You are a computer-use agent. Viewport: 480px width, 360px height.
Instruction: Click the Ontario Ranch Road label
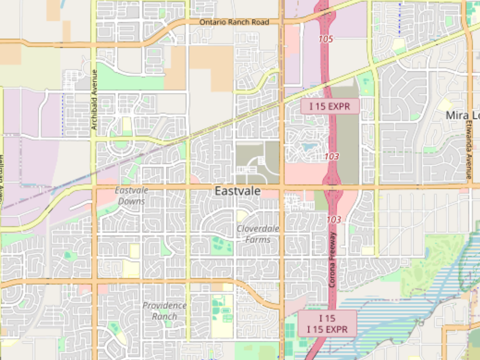(x=234, y=22)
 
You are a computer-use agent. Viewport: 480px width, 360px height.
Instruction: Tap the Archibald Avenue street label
(x=94, y=100)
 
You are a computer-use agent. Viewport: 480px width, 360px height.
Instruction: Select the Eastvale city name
(x=238, y=191)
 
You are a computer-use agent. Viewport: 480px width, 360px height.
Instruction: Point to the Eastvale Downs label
(x=131, y=196)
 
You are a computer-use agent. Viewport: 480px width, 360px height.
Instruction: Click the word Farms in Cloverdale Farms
(x=258, y=240)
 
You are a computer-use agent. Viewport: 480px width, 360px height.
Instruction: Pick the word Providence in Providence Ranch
(x=164, y=306)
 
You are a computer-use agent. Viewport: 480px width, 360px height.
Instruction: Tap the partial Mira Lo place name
(x=462, y=116)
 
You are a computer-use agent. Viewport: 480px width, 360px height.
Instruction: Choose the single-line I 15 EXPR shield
(x=330, y=106)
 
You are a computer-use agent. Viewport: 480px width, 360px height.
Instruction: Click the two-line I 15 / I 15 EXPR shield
(x=327, y=324)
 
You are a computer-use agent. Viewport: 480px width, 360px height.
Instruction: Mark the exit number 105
(x=326, y=39)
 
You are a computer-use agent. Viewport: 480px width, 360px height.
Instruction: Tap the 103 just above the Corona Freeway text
(x=334, y=220)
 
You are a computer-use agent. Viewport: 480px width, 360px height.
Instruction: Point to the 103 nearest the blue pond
(x=332, y=156)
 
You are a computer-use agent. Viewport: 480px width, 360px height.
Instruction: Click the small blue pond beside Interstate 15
(x=309, y=147)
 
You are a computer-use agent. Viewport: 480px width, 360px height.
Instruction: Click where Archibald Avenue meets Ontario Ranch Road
(x=94, y=43)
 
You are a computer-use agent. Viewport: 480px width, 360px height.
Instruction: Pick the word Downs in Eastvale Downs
(x=131, y=201)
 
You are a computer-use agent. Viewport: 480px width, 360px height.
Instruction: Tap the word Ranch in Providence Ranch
(x=164, y=316)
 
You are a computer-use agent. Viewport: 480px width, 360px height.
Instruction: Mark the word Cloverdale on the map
(x=258, y=229)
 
